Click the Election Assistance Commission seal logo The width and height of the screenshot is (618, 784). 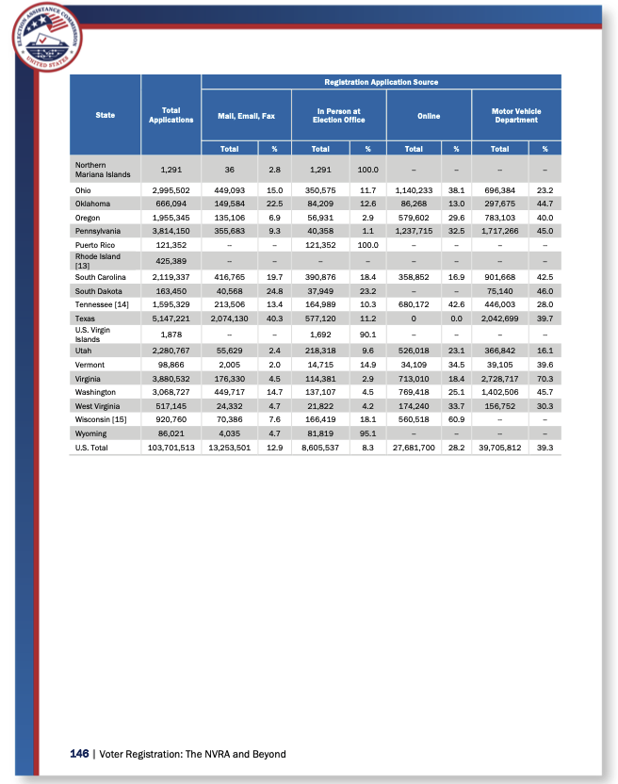click(47, 37)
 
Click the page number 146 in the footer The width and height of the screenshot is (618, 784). click(79, 754)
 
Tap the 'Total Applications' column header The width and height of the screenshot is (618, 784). click(171, 115)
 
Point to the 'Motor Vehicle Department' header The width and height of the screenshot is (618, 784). click(515, 115)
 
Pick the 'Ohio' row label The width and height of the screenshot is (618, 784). click(85, 189)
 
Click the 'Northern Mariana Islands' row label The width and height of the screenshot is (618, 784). click(103, 169)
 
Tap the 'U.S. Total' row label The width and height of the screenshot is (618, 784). click(92, 448)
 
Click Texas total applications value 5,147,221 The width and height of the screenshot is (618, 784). click(171, 318)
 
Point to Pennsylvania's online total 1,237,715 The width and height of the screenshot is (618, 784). click(414, 230)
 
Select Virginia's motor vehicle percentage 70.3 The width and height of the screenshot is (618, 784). click(544, 377)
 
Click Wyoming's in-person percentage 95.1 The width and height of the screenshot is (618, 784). click(368, 433)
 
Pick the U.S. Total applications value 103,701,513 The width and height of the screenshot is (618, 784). click(171, 448)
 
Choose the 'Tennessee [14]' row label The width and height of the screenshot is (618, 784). click(102, 304)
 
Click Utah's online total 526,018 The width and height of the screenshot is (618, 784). click(414, 350)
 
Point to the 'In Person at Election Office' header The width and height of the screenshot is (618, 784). click(339, 115)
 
